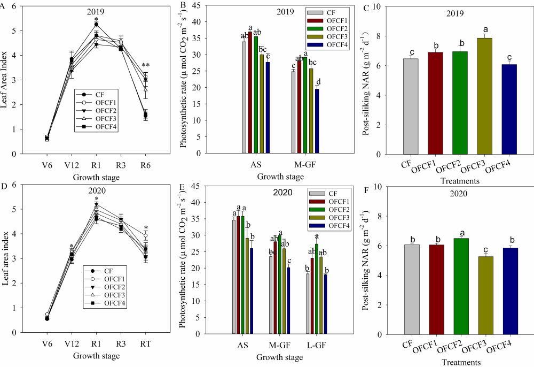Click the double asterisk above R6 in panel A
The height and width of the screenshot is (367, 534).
(x=145, y=66)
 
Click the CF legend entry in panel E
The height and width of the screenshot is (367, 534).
(x=328, y=194)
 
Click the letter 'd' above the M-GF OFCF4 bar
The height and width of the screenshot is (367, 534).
(x=318, y=81)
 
